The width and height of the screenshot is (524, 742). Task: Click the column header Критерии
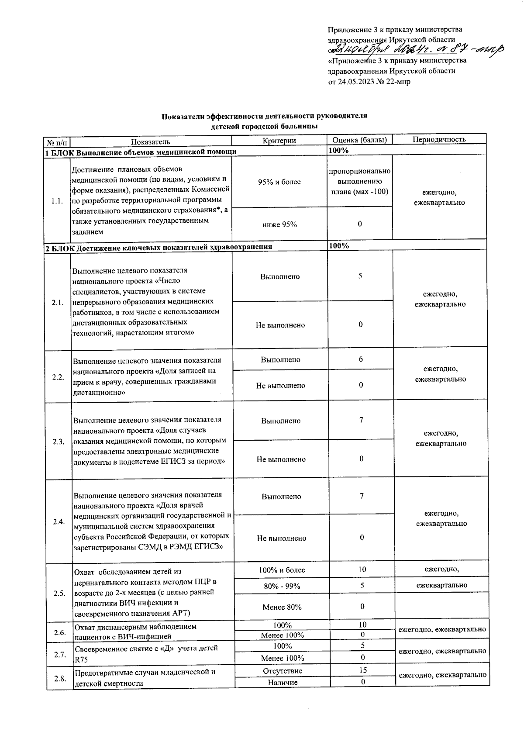click(279, 141)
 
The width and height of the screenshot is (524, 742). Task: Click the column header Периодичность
click(439, 140)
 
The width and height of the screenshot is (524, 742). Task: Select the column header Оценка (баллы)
click(359, 140)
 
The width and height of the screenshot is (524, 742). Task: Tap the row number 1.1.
click(57, 201)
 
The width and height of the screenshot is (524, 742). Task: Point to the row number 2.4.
click(59, 522)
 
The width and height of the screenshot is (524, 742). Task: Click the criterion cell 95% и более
click(279, 182)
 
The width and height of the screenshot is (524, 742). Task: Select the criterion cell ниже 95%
click(279, 224)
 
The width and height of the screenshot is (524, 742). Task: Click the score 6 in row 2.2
click(361, 359)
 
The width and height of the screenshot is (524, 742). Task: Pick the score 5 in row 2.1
click(360, 276)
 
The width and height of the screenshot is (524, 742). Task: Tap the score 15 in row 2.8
click(362, 670)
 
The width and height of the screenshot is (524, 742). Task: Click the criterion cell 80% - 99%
click(282, 586)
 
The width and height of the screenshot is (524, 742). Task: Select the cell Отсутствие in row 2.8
click(283, 671)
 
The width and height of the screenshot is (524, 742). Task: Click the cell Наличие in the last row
click(283, 682)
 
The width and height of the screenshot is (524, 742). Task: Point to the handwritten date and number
click(415, 50)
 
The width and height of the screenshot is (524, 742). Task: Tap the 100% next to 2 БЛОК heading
click(339, 245)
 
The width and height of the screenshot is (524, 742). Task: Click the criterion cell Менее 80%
click(282, 607)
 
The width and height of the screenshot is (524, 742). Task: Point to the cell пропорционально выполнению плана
click(360, 181)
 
